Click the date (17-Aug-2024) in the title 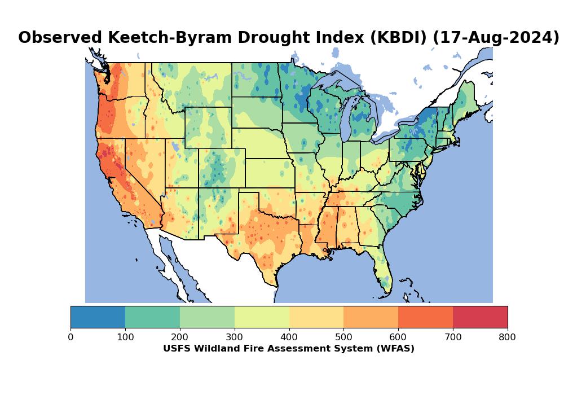click(496, 38)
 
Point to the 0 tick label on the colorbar click(70, 337)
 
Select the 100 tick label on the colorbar click(125, 337)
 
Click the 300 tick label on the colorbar click(235, 337)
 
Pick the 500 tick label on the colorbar click(343, 337)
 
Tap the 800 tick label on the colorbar click(508, 337)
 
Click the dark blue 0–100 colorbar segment click(98, 317)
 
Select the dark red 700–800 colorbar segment click(480, 317)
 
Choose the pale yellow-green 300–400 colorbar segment click(262, 317)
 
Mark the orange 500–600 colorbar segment click(371, 317)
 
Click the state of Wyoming click(208, 128)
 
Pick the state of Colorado click(221, 168)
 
